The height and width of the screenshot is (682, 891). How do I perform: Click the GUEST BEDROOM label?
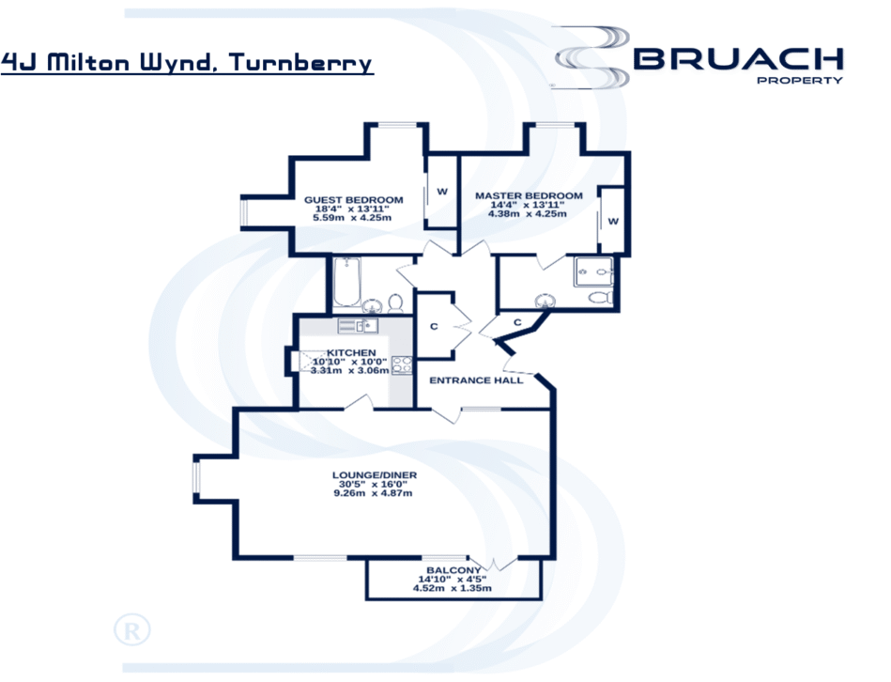click(x=353, y=200)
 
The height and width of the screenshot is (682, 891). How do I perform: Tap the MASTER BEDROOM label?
click(x=529, y=195)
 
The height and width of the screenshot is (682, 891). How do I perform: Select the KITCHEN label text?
click(x=351, y=353)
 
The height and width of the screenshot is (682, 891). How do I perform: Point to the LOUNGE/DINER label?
click(x=375, y=475)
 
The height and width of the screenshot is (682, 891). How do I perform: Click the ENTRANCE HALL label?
click(x=476, y=380)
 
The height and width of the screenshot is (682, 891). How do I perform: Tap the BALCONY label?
click(x=453, y=570)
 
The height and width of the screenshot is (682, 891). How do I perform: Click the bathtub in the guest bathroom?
click(x=346, y=282)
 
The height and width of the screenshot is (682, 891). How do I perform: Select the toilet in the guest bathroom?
click(x=395, y=302)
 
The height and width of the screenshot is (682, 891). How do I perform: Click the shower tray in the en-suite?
click(x=593, y=272)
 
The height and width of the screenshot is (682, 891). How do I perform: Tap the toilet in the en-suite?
click(x=601, y=297)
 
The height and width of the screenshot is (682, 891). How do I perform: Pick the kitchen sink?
click(x=358, y=326)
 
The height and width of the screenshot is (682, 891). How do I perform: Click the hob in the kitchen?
click(x=403, y=364)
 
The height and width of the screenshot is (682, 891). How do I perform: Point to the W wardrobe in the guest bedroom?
click(x=441, y=192)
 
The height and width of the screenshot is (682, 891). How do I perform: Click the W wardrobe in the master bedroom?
click(x=613, y=221)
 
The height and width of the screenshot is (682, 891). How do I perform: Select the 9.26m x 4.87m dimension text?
click(x=373, y=493)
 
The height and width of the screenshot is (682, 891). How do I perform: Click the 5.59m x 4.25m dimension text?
click(x=352, y=218)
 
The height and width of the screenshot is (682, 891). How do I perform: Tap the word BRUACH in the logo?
click(x=738, y=59)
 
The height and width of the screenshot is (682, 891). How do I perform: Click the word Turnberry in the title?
click(x=300, y=63)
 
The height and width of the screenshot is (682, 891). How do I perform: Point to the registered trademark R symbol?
click(x=131, y=630)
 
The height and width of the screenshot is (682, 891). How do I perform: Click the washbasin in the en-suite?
click(x=545, y=302)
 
